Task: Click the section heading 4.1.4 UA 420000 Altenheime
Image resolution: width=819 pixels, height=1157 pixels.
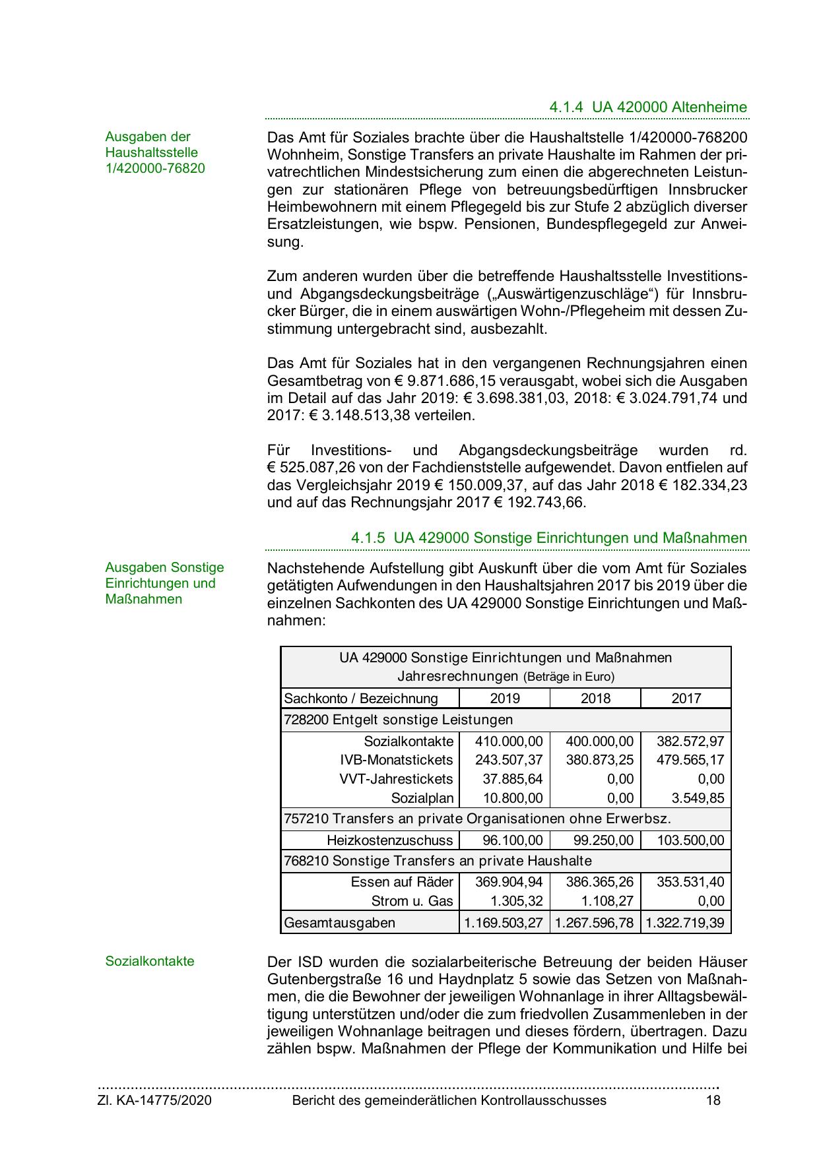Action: [x=647, y=108]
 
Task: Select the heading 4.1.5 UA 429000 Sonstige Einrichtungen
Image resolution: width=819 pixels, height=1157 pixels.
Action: [x=548, y=538]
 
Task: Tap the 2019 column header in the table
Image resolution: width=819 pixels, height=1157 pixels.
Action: [x=505, y=699]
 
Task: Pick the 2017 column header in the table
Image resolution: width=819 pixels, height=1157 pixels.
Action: [x=686, y=699]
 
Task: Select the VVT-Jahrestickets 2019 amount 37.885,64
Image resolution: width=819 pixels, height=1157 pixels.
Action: [x=513, y=779]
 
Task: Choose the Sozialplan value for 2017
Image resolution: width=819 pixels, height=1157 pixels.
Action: [x=698, y=798]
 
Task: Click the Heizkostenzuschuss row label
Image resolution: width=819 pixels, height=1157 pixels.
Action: [x=389, y=840]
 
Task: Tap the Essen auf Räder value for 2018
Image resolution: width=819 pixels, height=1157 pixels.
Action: [x=599, y=882]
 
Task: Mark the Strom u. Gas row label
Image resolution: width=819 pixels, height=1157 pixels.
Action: [x=412, y=901]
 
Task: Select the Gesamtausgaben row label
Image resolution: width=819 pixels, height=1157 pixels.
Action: [x=340, y=923]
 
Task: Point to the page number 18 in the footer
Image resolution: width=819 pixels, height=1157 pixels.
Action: [x=713, y=1100]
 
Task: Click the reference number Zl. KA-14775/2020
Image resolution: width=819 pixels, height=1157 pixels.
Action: [x=154, y=1100]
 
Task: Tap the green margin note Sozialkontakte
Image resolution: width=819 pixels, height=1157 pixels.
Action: [x=150, y=961]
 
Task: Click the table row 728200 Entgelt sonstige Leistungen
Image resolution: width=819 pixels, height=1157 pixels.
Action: [x=398, y=720]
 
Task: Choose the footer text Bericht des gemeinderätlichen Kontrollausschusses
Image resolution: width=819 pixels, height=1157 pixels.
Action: [x=449, y=1100]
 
